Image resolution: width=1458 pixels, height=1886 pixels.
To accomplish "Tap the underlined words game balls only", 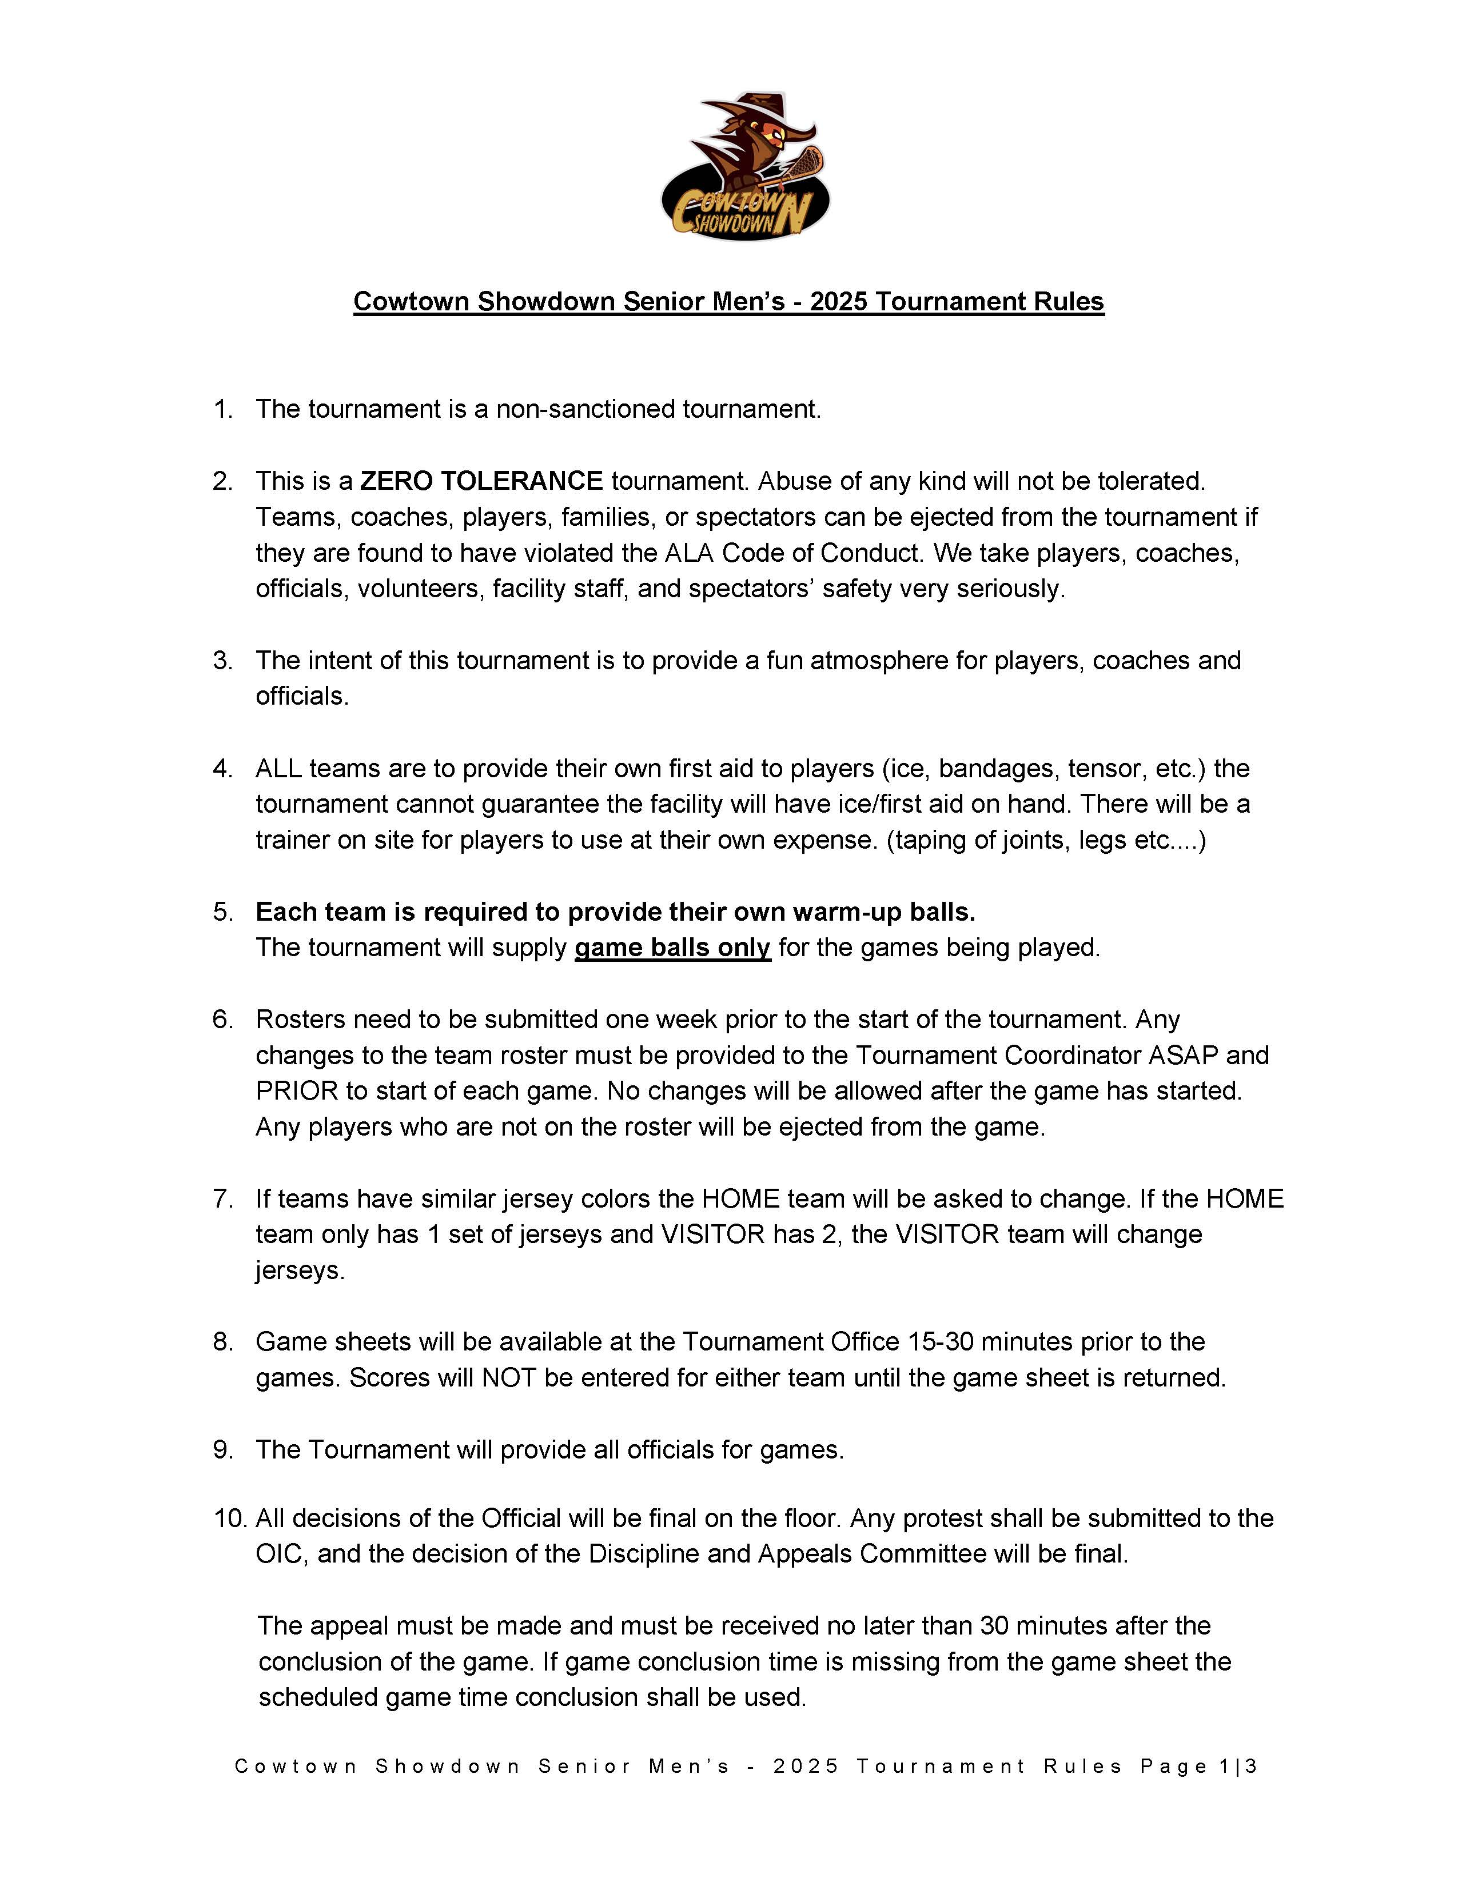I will (x=672, y=948).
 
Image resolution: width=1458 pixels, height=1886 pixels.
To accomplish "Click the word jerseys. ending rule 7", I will (x=300, y=1270).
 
